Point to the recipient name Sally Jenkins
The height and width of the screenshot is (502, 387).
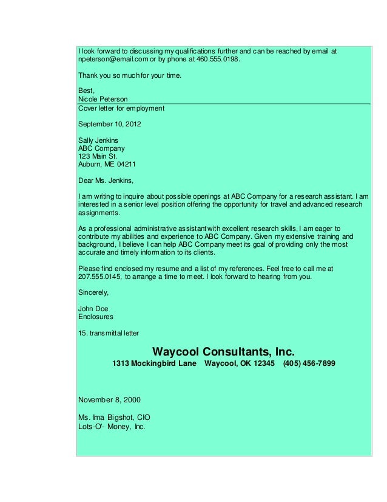click(x=98, y=140)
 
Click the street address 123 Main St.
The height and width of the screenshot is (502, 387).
click(x=95, y=156)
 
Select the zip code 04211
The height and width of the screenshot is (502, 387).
click(x=126, y=163)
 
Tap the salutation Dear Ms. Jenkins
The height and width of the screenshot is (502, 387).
click(x=106, y=180)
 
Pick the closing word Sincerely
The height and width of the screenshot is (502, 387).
click(x=94, y=291)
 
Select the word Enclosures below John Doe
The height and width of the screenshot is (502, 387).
click(x=96, y=316)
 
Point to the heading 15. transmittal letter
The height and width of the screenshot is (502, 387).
click(x=109, y=332)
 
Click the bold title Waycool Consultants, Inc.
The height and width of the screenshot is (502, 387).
click(x=223, y=352)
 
